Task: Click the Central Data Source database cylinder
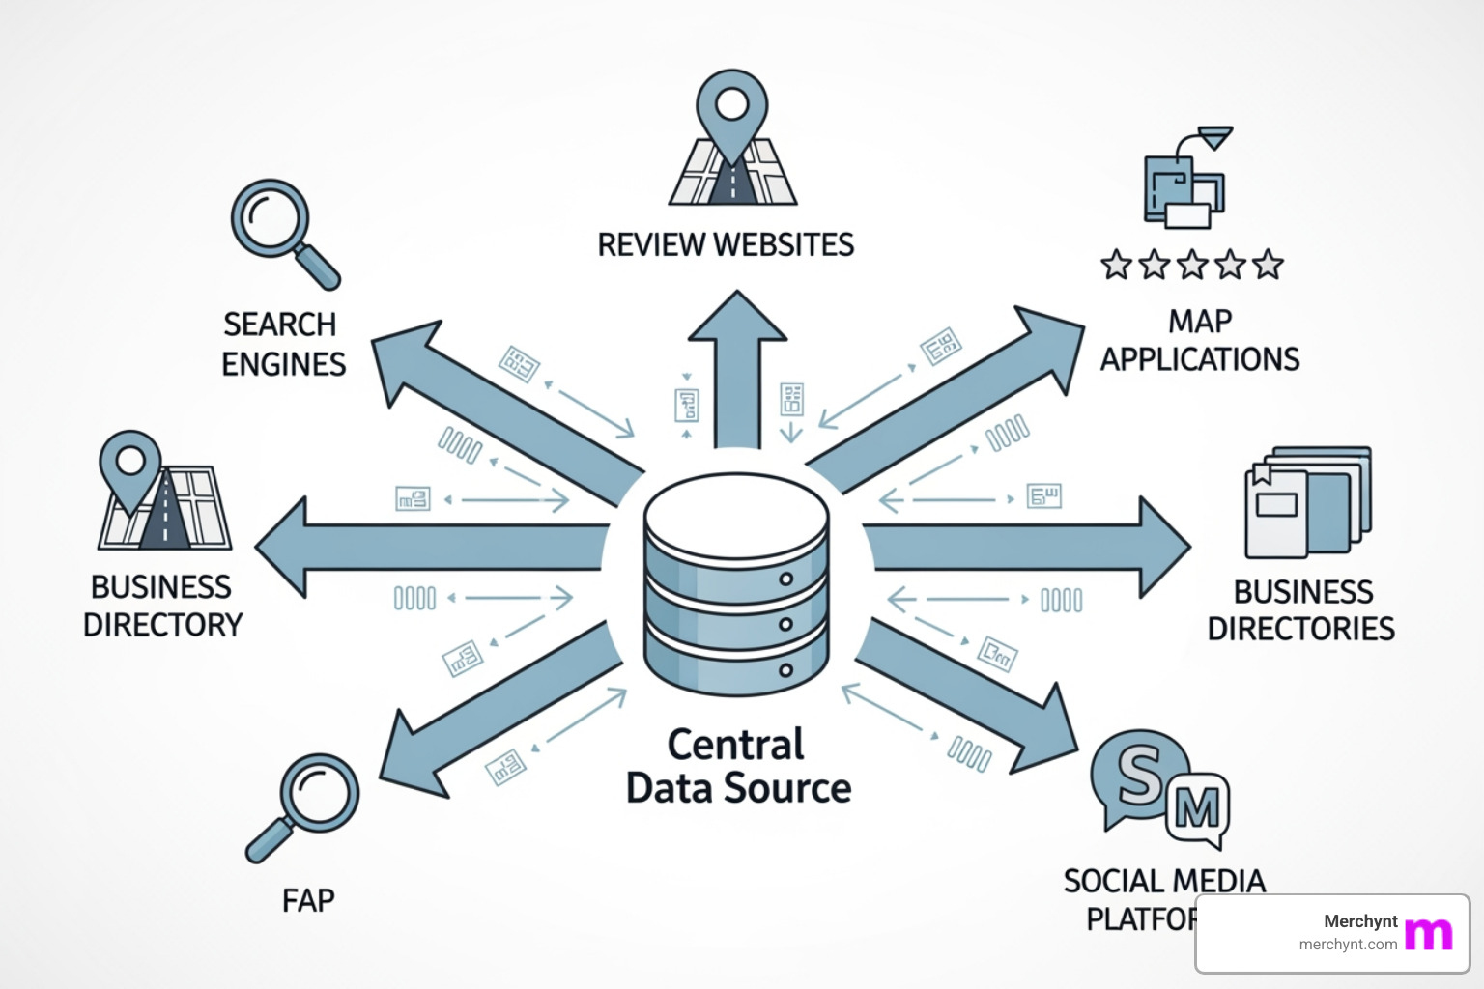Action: (x=736, y=583)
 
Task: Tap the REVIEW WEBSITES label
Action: (x=726, y=244)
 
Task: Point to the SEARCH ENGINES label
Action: (x=282, y=344)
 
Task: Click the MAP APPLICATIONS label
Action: (x=1200, y=340)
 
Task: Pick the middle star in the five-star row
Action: (x=1192, y=265)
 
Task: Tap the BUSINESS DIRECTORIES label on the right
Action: (x=1301, y=609)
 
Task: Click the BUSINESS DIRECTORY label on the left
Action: (x=162, y=606)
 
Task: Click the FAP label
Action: (x=308, y=900)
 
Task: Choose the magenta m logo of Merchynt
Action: (x=1428, y=933)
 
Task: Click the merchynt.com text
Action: (x=1348, y=945)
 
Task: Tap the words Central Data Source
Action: (x=737, y=767)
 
